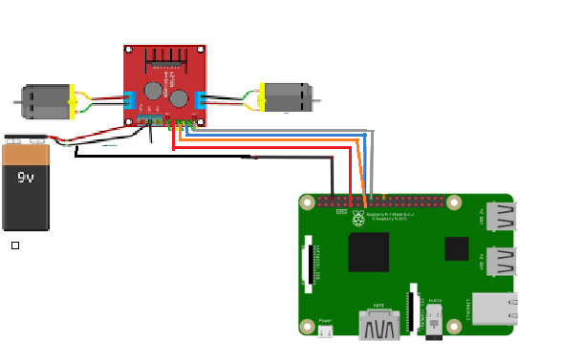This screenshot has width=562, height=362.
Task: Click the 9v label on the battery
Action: click(x=25, y=178)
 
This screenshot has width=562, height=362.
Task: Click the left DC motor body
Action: click(x=46, y=101)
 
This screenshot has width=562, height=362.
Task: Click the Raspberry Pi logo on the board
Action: click(x=358, y=219)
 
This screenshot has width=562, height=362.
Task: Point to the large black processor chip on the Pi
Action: click(x=368, y=252)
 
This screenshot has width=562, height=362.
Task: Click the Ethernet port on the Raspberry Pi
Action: click(x=494, y=309)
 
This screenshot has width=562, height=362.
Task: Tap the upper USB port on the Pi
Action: click(x=500, y=217)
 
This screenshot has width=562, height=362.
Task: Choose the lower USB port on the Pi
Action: click(x=500, y=261)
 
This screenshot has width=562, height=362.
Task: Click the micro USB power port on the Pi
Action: click(x=325, y=331)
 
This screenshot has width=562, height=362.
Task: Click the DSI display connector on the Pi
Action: click(x=308, y=263)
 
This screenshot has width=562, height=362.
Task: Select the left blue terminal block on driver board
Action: click(x=129, y=100)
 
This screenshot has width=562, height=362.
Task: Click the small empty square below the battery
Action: click(x=15, y=245)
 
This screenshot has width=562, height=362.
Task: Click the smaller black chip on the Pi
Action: click(x=456, y=248)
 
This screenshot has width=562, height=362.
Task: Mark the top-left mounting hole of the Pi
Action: click(x=307, y=202)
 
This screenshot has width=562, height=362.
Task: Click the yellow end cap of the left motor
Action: click(x=72, y=101)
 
